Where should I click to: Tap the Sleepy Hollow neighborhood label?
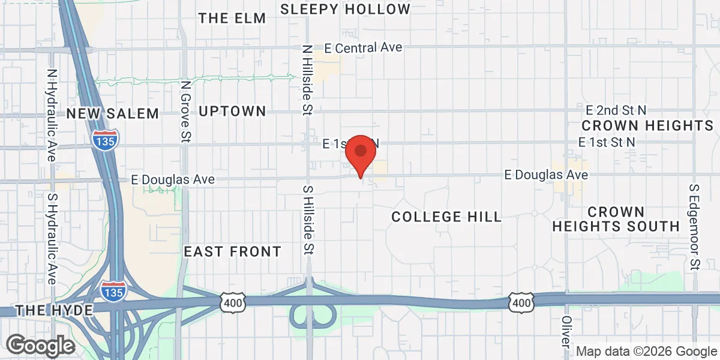(345, 9)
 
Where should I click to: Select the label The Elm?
(232, 18)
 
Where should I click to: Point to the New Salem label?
(113, 113)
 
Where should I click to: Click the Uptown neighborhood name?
(232, 111)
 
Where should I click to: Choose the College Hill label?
(446, 217)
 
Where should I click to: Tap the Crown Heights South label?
(616, 219)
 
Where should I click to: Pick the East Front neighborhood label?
(232, 251)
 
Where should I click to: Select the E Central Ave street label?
(363, 47)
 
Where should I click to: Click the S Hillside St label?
(307, 219)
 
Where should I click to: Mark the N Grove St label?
(186, 112)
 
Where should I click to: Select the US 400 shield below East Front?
(232, 304)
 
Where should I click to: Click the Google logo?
(40, 345)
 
